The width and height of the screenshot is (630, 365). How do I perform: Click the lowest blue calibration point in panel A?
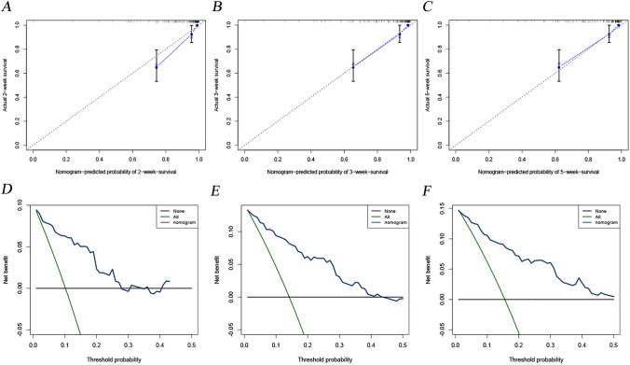click(x=157, y=66)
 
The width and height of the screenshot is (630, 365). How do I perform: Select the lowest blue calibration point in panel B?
click(x=353, y=66)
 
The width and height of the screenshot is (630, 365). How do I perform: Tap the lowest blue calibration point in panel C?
click(x=558, y=66)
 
